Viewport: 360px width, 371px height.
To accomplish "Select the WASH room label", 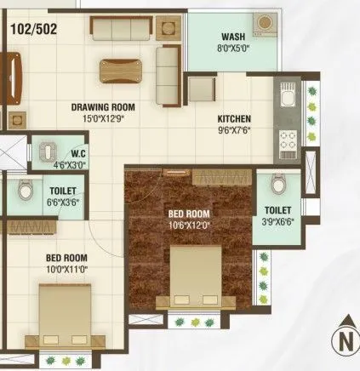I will (x=232, y=37).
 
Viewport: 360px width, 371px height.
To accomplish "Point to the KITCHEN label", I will (x=235, y=120).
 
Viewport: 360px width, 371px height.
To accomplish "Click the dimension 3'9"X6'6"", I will (x=277, y=220).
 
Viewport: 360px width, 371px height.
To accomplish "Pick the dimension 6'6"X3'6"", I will (x=63, y=203).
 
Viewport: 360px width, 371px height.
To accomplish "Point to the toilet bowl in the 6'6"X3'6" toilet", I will (x=26, y=191).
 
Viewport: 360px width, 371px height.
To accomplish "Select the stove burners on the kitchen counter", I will (x=284, y=146).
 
